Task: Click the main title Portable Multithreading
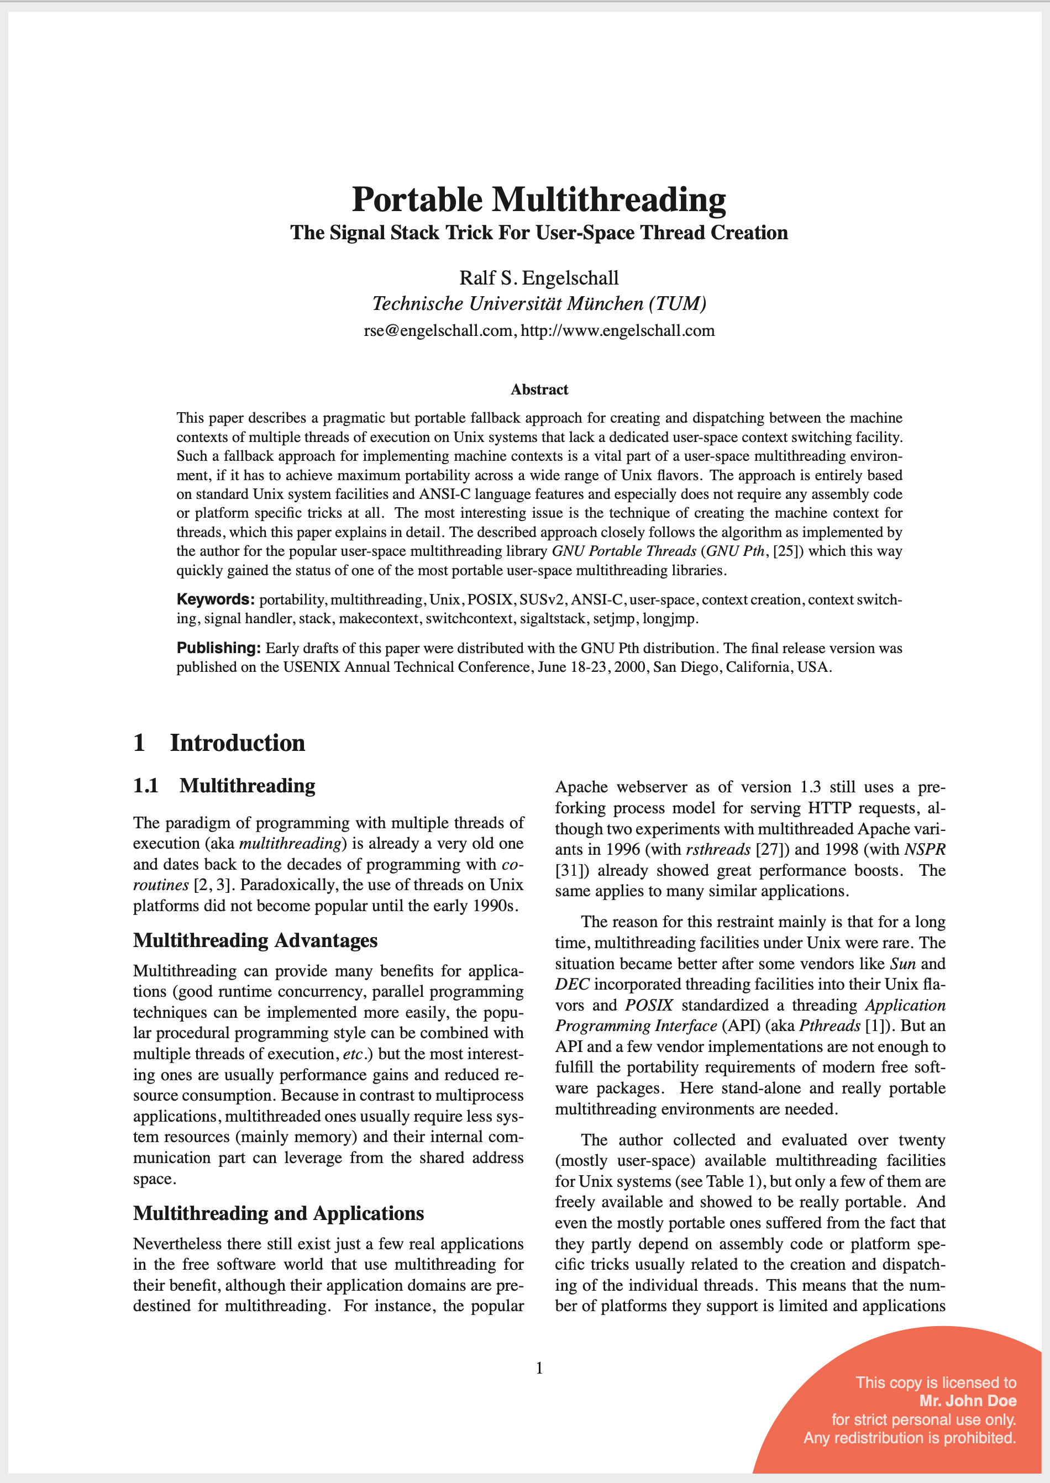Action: pos(539,199)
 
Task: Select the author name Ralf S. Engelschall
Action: pos(539,278)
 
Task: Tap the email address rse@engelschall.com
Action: pos(438,331)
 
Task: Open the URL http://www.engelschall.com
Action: pos(617,331)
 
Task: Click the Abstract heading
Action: pos(539,389)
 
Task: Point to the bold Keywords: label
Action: pos(216,599)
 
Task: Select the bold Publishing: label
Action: pos(218,648)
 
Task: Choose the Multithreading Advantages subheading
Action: pos(255,940)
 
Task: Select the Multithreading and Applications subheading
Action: pos(279,1213)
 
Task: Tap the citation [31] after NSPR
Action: pos(570,871)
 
